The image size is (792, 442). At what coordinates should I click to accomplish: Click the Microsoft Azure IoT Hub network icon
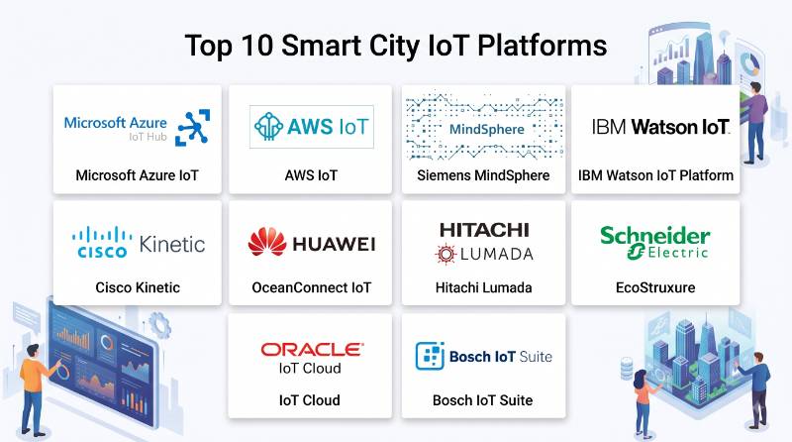point(192,128)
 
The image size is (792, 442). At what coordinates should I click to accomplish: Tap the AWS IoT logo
point(312,127)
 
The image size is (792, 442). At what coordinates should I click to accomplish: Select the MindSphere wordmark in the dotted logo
point(486,130)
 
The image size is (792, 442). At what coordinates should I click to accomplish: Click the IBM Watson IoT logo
point(660,127)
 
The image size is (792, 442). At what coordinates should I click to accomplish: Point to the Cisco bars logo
point(102,242)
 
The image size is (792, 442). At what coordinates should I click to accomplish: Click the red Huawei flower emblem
point(267,242)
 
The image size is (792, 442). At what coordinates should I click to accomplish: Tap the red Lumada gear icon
point(445,254)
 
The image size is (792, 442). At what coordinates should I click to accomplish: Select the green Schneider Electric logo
point(655,243)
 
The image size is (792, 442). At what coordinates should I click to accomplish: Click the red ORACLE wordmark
point(312,350)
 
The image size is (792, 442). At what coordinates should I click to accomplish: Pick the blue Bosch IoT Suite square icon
point(430,356)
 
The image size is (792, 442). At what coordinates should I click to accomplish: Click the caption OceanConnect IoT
point(311,287)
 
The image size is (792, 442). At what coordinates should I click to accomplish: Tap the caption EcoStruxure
point(655,287)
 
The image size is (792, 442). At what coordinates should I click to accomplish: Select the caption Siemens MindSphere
point(483,175)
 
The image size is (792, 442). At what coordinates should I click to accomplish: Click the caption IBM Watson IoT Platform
point(655,175)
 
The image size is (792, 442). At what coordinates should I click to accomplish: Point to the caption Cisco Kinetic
point(138,287)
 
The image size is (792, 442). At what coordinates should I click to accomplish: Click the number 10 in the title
point(257,46)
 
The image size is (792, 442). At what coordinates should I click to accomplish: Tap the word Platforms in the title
point(542,46)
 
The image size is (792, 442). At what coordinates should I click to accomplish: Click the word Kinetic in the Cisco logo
point(172,244)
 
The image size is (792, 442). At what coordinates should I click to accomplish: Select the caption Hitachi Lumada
point(483,287)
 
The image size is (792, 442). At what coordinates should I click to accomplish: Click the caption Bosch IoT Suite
point(482,400)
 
